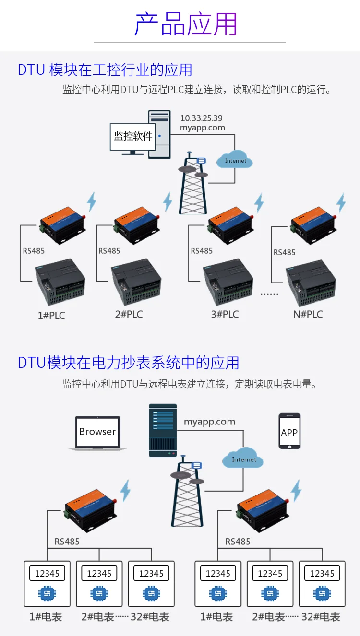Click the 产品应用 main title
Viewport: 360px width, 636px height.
click(x=186, y=24)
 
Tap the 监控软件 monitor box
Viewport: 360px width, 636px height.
click(x=132, y=137)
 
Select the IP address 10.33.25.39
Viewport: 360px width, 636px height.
click(x=202, y=118)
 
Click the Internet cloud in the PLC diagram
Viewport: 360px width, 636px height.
click(x=234, y=160)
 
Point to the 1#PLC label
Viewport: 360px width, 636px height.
click(x=51, y=316)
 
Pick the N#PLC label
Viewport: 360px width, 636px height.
click(x=308, y=314)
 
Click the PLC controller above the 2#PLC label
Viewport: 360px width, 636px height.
click(x=136, y=281)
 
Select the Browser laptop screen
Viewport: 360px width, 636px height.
click(x=97, y=432)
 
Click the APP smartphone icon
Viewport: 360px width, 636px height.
click(x=289, y=431)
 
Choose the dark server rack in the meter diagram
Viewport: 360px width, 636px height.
click(x=163, y=430)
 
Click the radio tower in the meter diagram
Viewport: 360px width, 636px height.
click(x=187, y=491)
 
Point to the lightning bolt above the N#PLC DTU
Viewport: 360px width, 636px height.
click(x=341, y=203)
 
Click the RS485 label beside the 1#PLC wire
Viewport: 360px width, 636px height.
click(x=34, y=251)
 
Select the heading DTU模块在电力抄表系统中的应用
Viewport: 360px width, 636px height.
click(x=129, y=363)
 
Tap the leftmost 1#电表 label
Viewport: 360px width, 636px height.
click(x=46, y=617)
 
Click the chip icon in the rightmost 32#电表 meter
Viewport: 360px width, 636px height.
click(x=322, y=593)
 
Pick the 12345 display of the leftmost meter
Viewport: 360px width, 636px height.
click(x=47, y=573)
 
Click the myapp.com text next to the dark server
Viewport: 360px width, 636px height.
click(x=209, y=422)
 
